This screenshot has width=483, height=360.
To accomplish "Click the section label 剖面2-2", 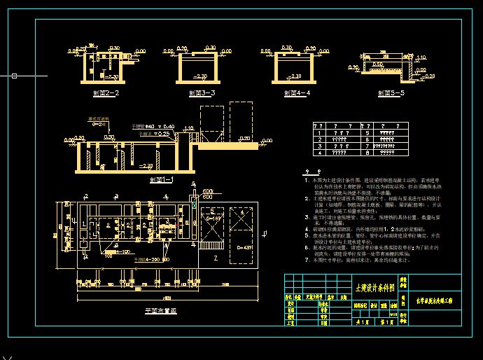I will coord(106,92).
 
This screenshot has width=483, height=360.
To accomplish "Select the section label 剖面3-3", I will coord(202,92).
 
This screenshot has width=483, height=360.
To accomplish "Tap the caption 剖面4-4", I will coord(297,92).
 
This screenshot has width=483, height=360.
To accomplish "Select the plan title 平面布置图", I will coord(160,310).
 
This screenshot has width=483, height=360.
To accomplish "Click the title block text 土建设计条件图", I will coord(376,287).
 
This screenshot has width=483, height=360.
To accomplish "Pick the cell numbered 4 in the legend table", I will coord(320,151).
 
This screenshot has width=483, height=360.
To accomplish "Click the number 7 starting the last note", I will coord(307,260).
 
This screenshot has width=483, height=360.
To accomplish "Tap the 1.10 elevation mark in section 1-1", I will coord(188,128).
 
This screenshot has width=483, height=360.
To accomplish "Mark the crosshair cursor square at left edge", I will coord(13,75).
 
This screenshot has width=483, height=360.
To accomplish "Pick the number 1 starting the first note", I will coord(307,180).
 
